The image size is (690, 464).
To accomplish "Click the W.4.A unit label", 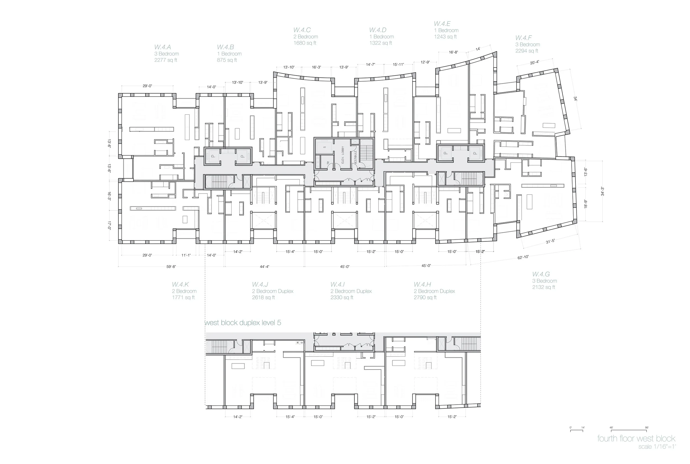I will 162,47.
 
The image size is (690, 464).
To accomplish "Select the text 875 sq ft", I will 227,60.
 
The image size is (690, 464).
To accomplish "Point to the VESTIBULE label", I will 355,156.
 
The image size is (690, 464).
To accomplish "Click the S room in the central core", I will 324,147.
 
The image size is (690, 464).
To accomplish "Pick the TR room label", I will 328,163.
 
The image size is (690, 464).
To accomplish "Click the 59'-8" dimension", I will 171,267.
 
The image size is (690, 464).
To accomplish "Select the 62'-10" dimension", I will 523,257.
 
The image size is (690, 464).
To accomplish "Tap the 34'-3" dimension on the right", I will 602,191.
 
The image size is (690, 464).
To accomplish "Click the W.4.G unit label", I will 541,274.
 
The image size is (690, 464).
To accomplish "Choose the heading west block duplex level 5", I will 243,323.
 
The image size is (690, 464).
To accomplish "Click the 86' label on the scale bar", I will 647,428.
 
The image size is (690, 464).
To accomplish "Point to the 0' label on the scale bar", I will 570,428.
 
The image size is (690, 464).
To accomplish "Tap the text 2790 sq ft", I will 425,297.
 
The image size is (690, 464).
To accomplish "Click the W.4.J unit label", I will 260,284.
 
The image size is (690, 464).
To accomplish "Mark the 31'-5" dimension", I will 550,241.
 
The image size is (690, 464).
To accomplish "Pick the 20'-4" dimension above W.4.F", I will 534,62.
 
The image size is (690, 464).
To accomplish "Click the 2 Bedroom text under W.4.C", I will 305,37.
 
